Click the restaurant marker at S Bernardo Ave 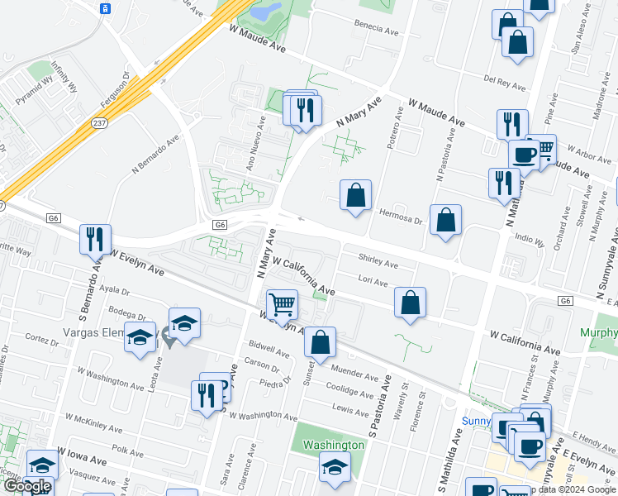pos(96,239)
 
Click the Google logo pos(27,486)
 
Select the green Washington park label pos(333,445)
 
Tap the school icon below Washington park pos(335,468)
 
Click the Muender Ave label pos(354,373)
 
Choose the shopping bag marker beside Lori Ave pos(410,303)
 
